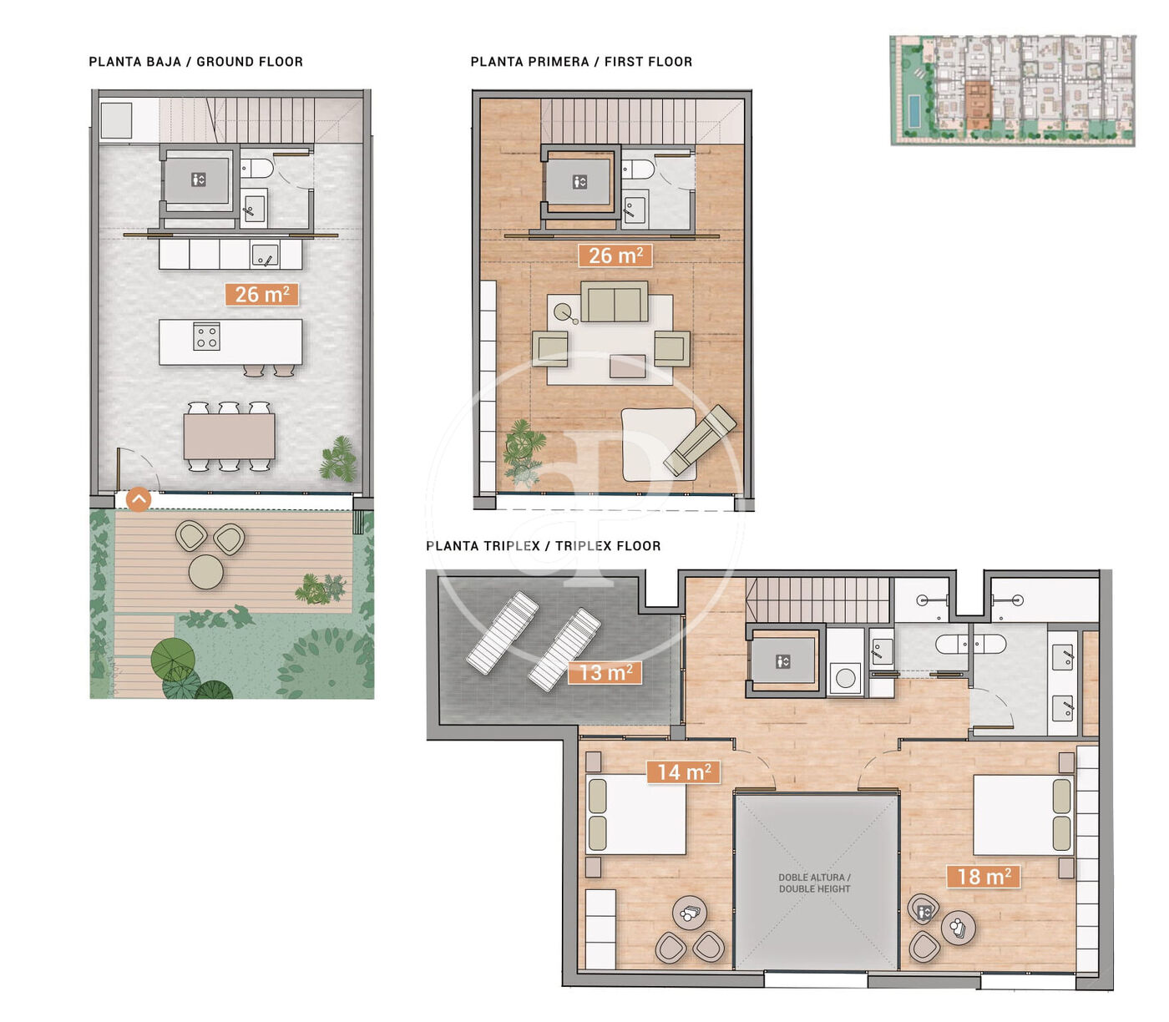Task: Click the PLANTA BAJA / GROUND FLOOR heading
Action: tap(195, 62)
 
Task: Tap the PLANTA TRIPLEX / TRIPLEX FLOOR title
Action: tap(544, 545)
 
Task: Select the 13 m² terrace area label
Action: tap(605, 673)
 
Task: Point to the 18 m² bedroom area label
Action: tap(984, 877)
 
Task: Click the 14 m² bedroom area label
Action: tap(683, 772)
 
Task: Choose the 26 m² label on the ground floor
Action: tap(261, 294)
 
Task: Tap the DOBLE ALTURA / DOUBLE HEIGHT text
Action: tap(814, 883)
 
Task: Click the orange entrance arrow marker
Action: tap(139, 499)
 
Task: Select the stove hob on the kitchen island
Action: tap(206, 336)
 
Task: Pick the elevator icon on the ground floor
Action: tap(198, 180)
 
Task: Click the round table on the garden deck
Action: tap(205, 571)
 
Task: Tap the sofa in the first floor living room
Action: tap(615, 301)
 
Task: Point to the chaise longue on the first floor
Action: tap(700, 440)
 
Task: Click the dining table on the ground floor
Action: tap(229, 437)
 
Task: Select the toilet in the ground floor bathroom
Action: tap(257, 169)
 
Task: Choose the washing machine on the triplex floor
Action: tap(846, 679)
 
